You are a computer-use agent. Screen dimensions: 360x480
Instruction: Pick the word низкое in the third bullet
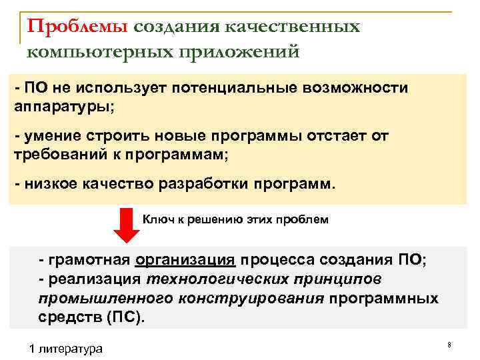pyautogui.click(x=53, y=183)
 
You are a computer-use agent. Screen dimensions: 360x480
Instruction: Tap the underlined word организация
pyautogui.click(x=185, y=261)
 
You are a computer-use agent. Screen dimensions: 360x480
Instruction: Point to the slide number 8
pyautogui.click(x=449, y=345)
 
